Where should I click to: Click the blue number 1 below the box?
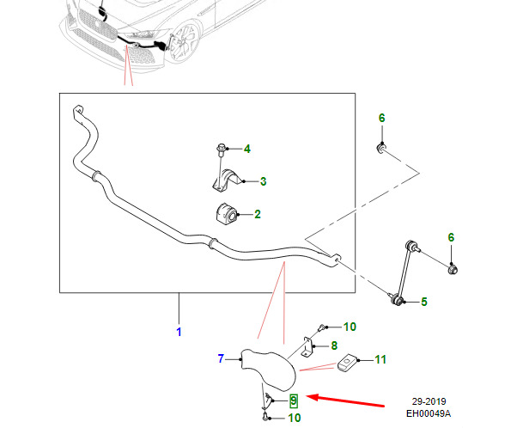[179, 332]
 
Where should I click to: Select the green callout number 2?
[258, 214]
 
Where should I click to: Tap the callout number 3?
[263, 181]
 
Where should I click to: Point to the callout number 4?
[247, 149]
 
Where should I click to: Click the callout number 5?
[424, 302]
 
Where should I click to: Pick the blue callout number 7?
[221, 358]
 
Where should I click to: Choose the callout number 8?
[334, 345]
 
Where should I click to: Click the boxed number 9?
[294, 401]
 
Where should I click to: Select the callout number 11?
[380, 359]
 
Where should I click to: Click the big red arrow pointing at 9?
[345, 400]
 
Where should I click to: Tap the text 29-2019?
[429, 401]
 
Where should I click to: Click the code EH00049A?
[429, 413]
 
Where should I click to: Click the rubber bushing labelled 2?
[226, 214]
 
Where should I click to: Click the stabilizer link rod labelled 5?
[404, 272]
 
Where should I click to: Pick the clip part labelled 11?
[347, 363]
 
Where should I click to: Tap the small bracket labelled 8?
[307, 347]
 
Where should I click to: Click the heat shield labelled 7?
[268, 370]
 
